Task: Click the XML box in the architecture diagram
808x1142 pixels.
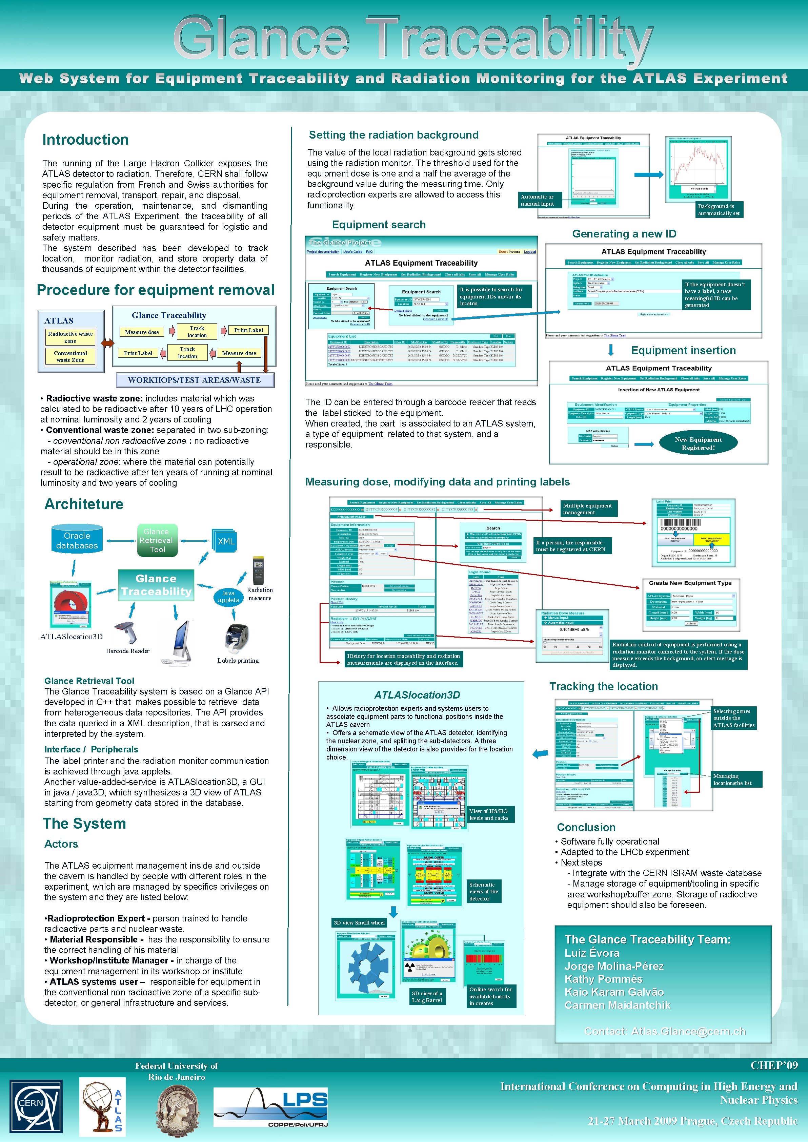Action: click(225, 541)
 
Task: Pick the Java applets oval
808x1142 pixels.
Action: click(228, 596)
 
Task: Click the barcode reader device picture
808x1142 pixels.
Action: click(126, 632)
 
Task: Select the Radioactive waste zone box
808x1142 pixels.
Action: click(70, 337)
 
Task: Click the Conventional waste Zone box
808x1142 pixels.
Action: click(70, 356)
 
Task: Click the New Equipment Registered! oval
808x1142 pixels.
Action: click(698, 443)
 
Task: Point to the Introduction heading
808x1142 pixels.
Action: click(85, 140)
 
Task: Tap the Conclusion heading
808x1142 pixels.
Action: click(586, 827)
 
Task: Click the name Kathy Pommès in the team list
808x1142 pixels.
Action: click(603, 979)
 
